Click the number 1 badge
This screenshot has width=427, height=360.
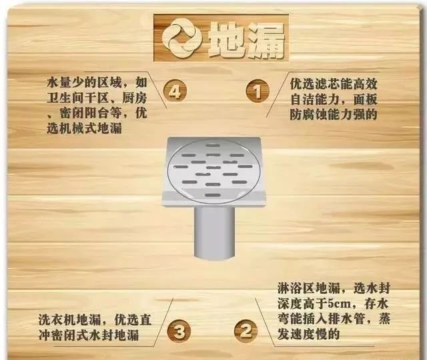point(258,91)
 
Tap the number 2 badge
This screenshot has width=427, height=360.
point(246,331)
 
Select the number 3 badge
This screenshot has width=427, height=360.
point(179,332)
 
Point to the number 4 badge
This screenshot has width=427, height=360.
point(175,91)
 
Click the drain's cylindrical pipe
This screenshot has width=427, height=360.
point(215,232)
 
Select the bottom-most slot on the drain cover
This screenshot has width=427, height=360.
point(212,195)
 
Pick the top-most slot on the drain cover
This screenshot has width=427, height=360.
point(213,145)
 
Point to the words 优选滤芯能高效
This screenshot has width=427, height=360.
point(334,83)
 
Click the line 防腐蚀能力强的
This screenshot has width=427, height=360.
point(334,114)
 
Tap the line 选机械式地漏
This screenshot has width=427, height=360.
point(84,128)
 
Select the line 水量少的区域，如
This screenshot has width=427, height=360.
point(97,82)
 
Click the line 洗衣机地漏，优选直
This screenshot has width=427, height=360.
point(95,320)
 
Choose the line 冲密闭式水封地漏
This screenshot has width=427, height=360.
point(89,335)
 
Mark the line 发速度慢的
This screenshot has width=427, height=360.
point(308,334)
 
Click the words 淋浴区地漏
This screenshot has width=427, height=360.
point(308,289)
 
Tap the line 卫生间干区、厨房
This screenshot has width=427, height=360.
point(97,98)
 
